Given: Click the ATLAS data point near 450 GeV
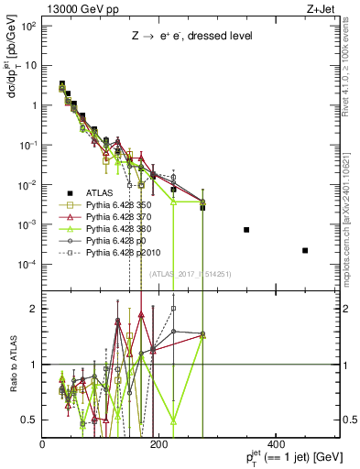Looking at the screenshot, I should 305,250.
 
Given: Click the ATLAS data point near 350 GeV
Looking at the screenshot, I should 246,229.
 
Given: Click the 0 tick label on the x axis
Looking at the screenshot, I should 43,444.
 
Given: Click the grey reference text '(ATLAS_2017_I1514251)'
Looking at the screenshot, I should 190,274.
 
